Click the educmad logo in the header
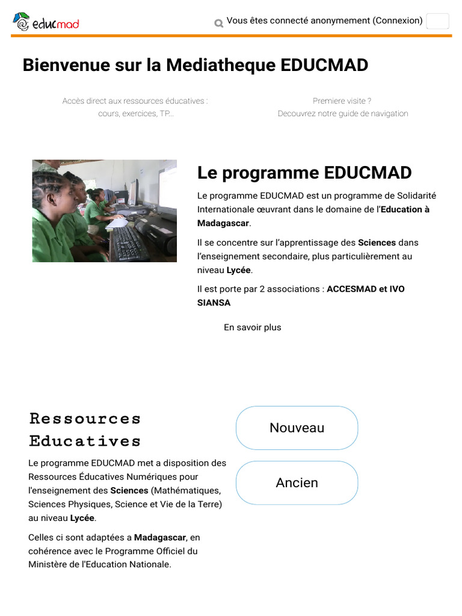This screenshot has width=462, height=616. [x=46, y=22]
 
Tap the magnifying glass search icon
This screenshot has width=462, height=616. [x=218, y=23]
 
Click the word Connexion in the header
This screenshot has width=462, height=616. [x=397, y=20]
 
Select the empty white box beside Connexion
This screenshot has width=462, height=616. [x=437, y=21]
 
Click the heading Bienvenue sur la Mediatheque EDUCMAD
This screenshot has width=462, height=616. [x=195, y=65]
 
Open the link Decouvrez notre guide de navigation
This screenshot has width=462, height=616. [x=342, y=114]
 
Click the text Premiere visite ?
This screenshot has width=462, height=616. [x=342, y=101]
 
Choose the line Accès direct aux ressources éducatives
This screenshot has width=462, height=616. [x=135, y=101]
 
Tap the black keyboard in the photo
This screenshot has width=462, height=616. [x=128, y=242]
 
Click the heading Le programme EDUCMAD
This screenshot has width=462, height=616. [x=304, y=173]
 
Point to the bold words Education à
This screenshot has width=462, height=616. [x=405, y=209]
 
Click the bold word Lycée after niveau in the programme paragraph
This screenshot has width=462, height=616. [x=238, y=270]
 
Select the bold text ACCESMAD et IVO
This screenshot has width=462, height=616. [x=365, y=289]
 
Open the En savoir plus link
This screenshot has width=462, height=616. [x=252, y=327]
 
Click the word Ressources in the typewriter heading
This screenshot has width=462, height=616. [x=85, y=418]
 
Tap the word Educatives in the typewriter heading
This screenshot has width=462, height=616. [x=85, y=441]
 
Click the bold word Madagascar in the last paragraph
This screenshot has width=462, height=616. [x=159, y=537]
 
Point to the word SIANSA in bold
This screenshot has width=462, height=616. [x=214, y=303]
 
